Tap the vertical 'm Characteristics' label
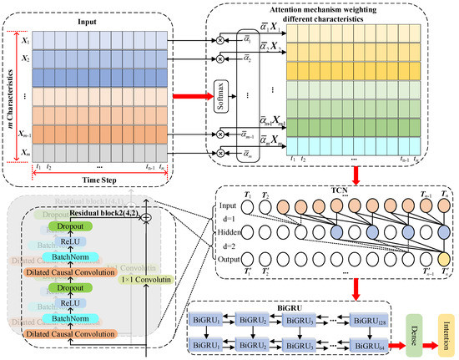[x=10, y=94]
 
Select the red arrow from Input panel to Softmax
[x=191, y=95]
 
